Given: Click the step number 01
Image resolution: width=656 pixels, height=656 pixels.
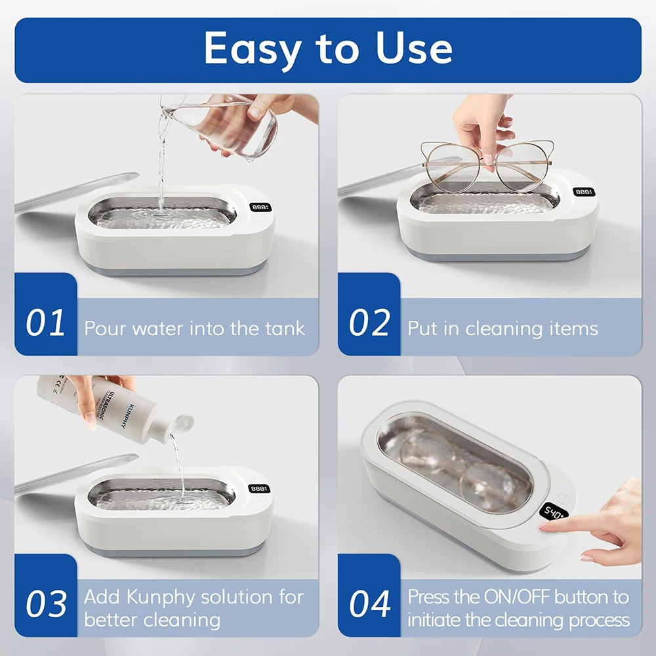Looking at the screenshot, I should [x=46, y=323].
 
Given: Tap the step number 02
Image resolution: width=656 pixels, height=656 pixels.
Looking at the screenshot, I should [x=369, y=323].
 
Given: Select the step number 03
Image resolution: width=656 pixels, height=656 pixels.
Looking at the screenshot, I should [x=46, y=604].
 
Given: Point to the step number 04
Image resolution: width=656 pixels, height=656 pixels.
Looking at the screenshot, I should [x=369, y=604].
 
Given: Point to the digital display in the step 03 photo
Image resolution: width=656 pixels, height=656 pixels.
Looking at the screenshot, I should [x=260, y=489].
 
